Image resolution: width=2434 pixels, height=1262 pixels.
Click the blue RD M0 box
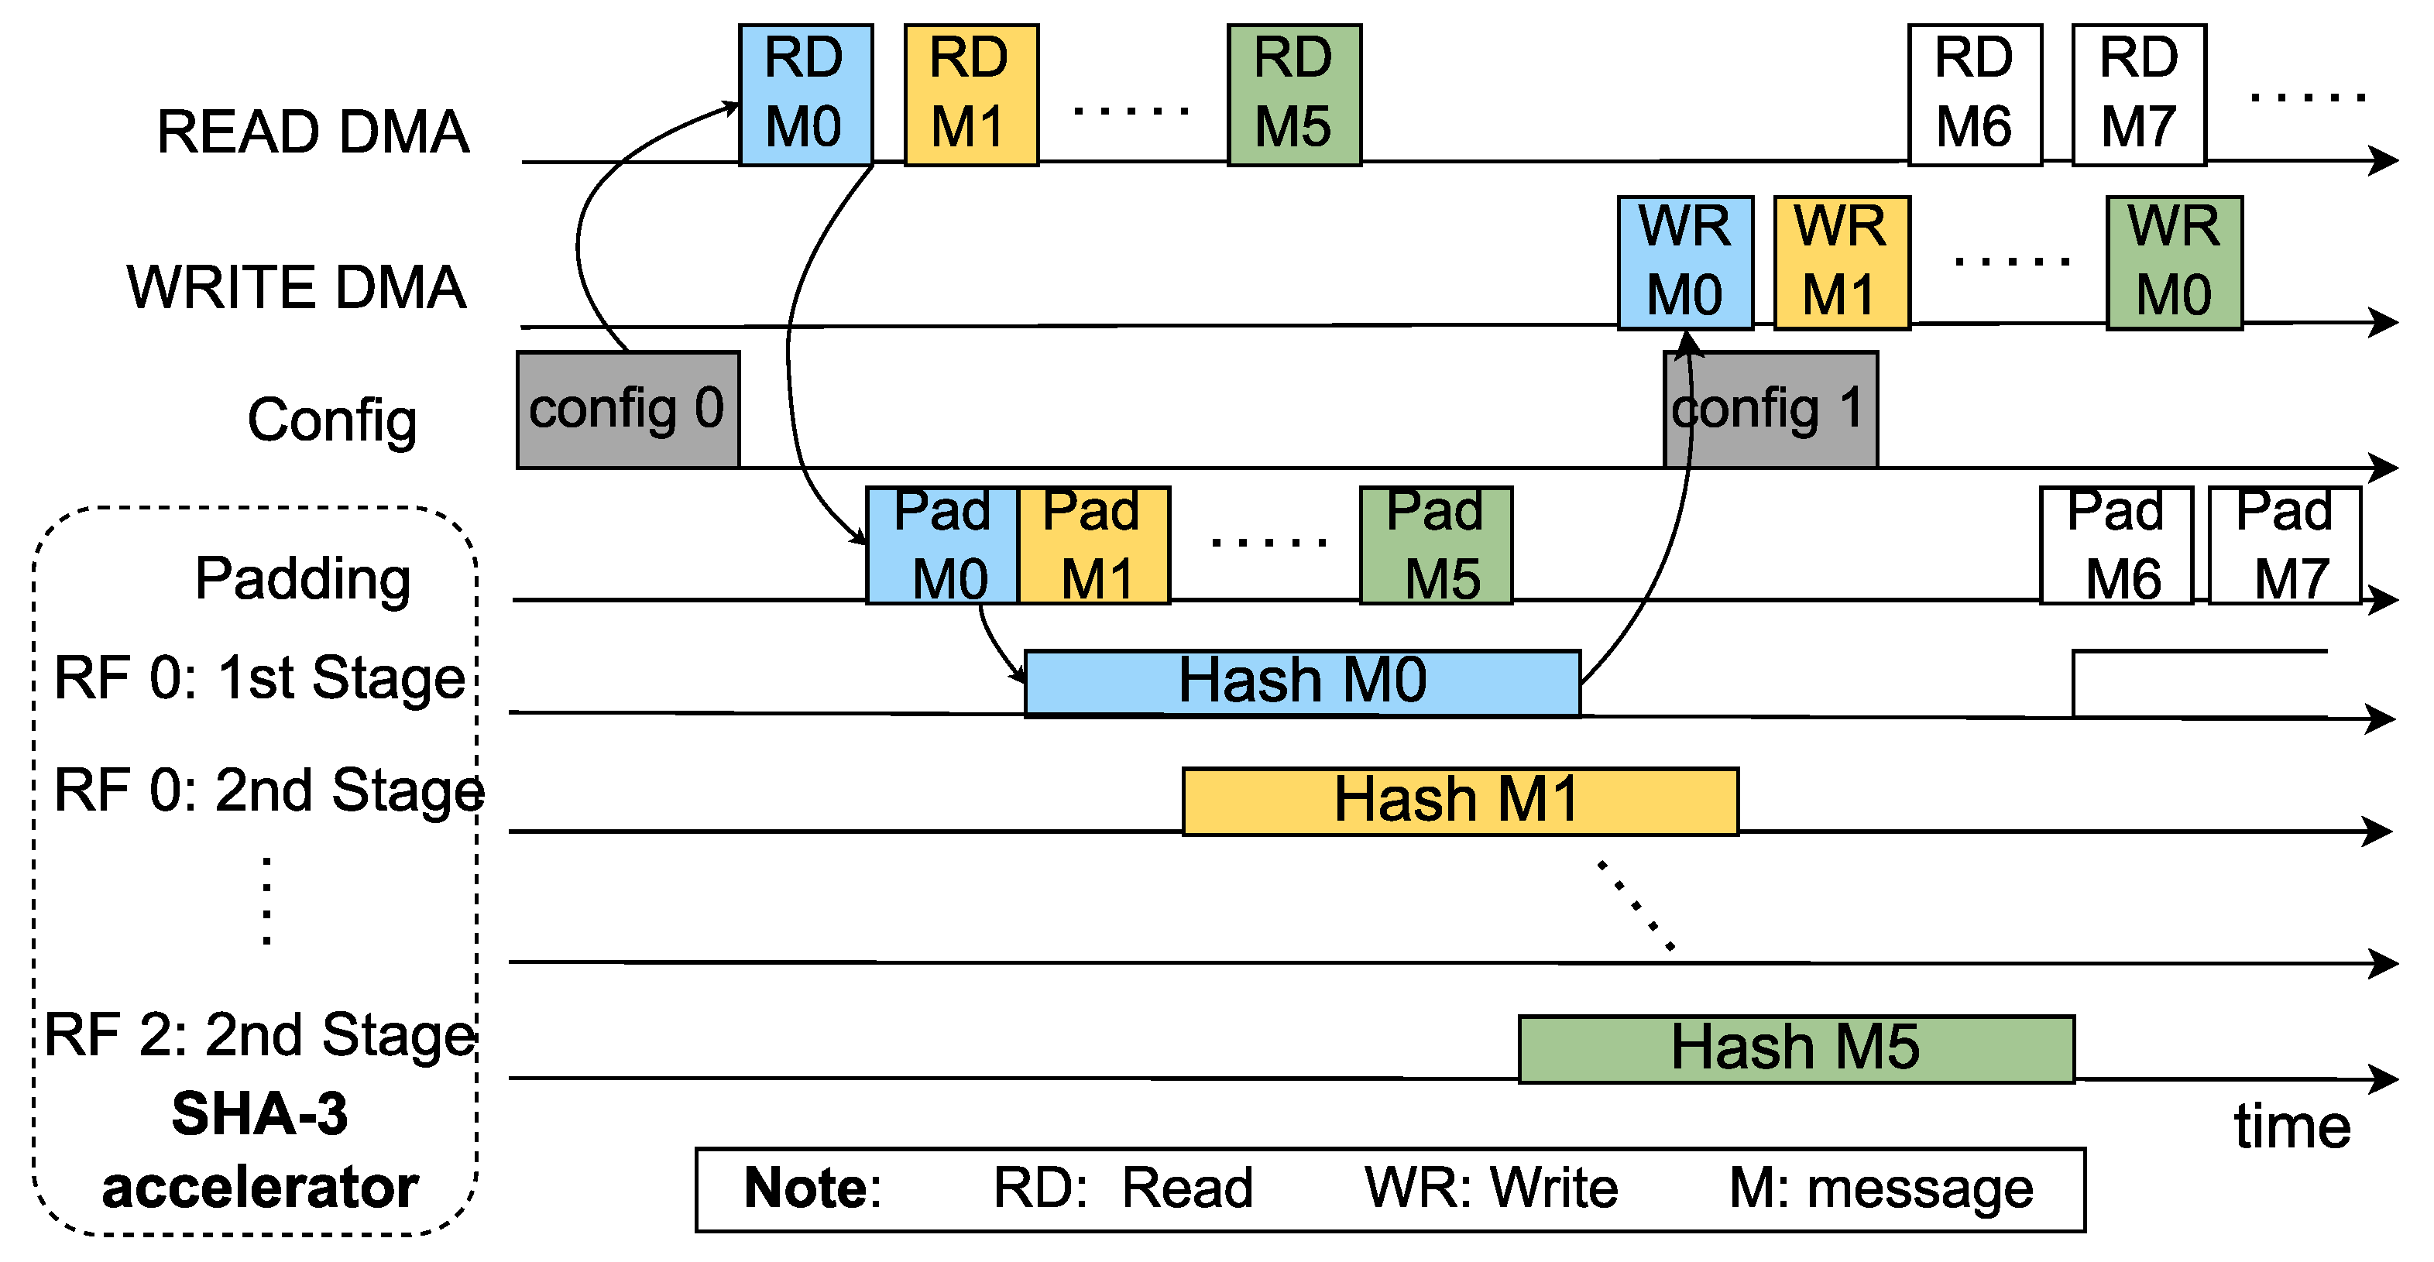[x=805, y=94]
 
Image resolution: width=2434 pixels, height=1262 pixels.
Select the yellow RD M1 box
[x=970, y=94]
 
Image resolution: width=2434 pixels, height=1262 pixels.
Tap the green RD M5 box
[x=1293, y=94]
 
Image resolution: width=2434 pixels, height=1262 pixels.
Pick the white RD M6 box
[x=1974, y=94]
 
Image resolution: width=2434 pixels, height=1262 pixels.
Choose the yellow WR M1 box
[x=1841, y=262]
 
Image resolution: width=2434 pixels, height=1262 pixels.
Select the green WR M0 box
[x=2173, y=262]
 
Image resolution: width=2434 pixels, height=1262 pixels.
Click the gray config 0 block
[x=627, y=409]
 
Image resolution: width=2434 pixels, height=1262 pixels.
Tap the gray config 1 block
[x=1770, y=409]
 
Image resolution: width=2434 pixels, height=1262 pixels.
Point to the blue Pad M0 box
[x=941, y=545]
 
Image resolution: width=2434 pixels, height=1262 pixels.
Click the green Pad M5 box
[x=1435, y=545]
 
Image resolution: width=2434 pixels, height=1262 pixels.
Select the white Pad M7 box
[x=2284, y=545]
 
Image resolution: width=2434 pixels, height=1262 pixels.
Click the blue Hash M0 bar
[x=1302, y=682]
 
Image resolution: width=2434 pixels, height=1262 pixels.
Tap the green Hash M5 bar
[x=1795, y=1048]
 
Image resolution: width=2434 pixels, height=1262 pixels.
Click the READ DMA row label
[x=313, y=132]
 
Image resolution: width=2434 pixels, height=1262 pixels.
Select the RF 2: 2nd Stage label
[x=260, y=1035]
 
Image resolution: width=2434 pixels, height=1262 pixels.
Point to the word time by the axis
[x=2292, y=1127]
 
